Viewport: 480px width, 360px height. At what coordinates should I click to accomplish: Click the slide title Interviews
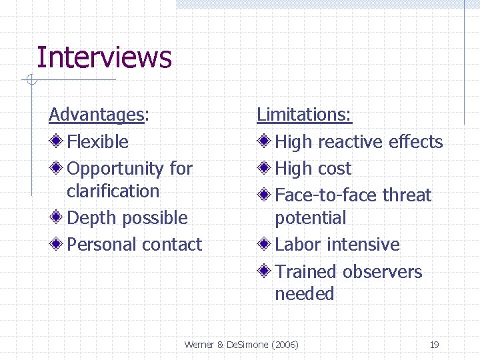coord(104,57)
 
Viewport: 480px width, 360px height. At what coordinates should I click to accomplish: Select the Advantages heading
coord(97,115)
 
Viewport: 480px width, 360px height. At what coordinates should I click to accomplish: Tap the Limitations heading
coord(304,115)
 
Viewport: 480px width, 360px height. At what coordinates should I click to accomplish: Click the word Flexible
coord(98,142)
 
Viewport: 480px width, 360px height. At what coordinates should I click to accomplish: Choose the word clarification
coord(113,191)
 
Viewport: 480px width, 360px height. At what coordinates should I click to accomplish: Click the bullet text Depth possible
coord(127,218)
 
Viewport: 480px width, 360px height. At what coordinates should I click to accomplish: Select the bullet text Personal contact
coord(134,245)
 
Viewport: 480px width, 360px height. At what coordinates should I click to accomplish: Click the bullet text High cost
coord(313,169)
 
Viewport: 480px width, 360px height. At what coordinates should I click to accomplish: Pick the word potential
coord(311,218)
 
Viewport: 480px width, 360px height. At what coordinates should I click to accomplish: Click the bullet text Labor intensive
coord(337,245)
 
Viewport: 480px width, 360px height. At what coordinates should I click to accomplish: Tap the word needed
coord(305,294)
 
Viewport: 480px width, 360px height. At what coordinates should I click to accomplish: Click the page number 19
coord(434,345)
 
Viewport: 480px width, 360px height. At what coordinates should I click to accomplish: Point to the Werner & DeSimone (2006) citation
coord(241,345)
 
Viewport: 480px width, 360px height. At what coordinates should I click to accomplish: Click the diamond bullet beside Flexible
coord(57,141)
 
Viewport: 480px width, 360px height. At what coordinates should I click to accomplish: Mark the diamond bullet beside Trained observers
coord(265,271)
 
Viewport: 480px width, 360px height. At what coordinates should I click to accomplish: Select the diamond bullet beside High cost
coord(265,168)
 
